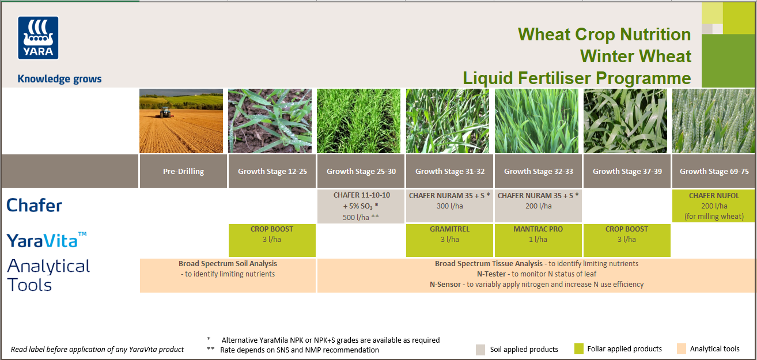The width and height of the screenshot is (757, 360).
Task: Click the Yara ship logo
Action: click(x=39, y=38)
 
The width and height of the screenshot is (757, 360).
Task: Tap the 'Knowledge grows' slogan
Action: click(x=59, y=79)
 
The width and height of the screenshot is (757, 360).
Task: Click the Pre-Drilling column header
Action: click(x=183, y=171)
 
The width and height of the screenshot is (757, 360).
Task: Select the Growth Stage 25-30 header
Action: click(x=361, y=171)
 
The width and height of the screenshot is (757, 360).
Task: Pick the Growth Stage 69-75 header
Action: click(x=714, y=171)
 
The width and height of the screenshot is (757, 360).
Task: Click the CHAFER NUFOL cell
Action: click(x=714, y=206)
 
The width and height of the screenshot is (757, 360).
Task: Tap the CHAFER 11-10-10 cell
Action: click(x=361, y=206)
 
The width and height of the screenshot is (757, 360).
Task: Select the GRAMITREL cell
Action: click(x=449, y=240)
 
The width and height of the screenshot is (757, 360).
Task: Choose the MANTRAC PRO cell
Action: click(x=538, y=240)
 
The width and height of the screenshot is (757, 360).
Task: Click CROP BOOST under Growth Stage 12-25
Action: click(x=272, y=240)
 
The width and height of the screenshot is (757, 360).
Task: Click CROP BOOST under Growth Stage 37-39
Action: click(x=627, y=240)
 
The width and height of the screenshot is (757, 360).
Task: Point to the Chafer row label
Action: click(x=34, y=205)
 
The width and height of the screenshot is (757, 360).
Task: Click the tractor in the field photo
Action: click(x=165, y=113)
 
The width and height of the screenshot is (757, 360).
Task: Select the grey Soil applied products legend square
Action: click(x=480, y=349)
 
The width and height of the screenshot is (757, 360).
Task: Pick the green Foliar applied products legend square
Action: click(x=579, y=349)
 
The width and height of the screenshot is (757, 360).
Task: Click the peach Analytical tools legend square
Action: click(x=681, y=349)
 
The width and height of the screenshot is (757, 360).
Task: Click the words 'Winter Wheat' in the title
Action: click(x=635, y=56)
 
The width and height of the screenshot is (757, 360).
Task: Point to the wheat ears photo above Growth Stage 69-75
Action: click(x=714, y=121)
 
